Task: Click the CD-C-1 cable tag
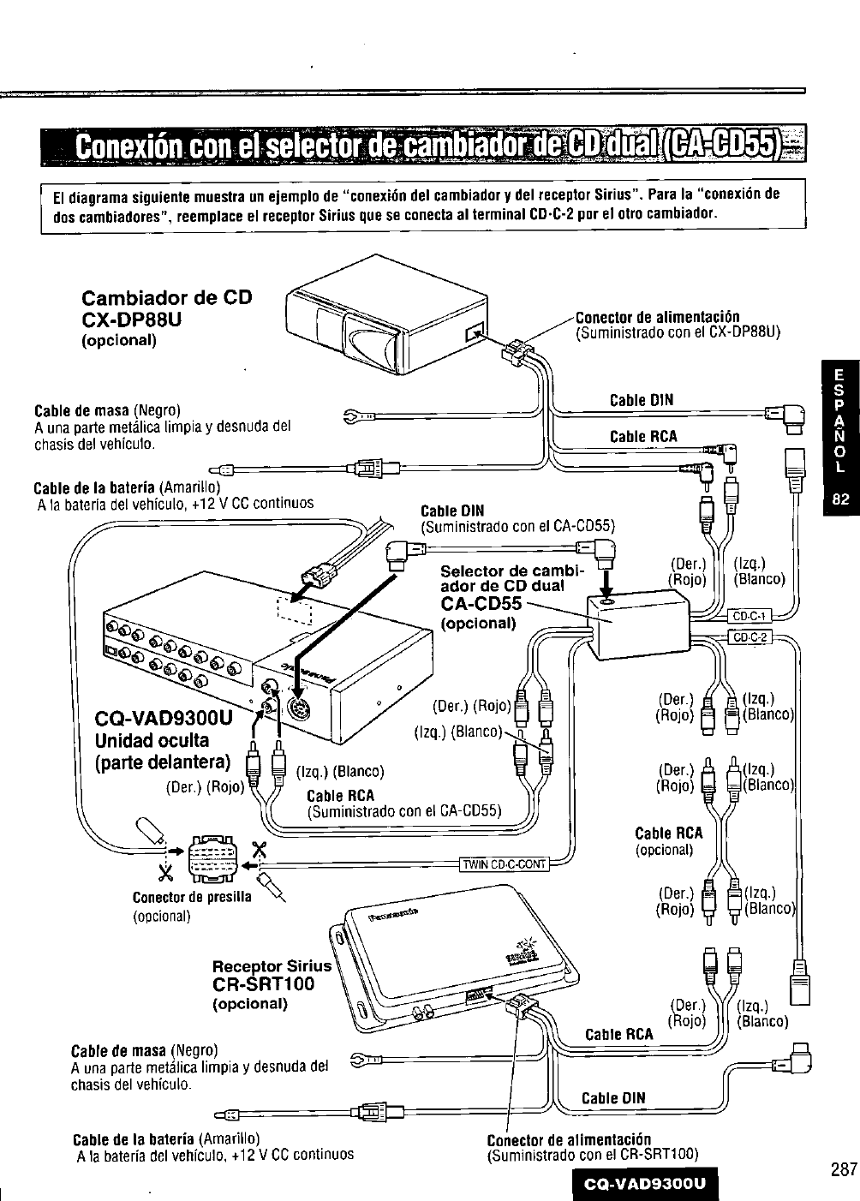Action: [749, 616]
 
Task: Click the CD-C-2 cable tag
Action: [750, 637]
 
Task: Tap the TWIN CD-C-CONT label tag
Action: [504, 864]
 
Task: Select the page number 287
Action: [845, 1154]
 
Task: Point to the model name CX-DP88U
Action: [131, 320]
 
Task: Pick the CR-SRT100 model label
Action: [263, 984]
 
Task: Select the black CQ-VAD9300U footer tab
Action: [644, 1183]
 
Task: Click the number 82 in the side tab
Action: [840, 499]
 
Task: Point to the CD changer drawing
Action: [387, 314]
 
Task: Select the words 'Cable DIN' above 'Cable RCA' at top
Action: [642, 401]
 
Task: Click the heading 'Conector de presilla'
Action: [191, 897]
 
